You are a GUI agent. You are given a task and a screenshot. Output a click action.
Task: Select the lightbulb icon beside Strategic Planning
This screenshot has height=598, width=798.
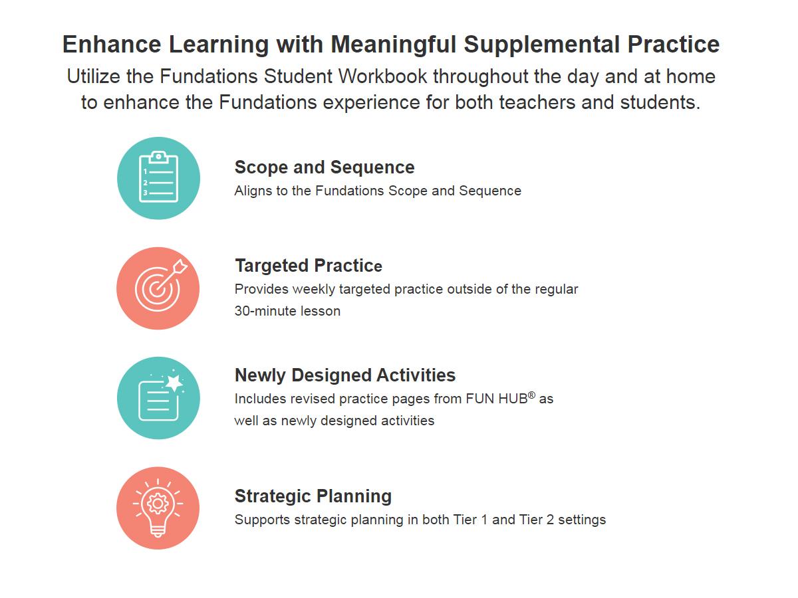point(158,508)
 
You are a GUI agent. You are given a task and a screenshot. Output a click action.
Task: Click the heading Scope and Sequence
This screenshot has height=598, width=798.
point(325,167)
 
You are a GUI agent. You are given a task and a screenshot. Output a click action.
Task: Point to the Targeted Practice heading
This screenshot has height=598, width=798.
point(309,266)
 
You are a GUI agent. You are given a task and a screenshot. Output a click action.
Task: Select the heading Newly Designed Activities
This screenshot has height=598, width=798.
point(345,375)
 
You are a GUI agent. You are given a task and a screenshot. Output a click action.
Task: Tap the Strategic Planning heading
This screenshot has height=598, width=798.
point(313,496)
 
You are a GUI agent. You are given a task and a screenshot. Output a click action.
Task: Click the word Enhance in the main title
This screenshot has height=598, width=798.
point(112,45)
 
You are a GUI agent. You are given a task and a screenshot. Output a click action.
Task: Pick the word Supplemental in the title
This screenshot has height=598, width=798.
point(542,45)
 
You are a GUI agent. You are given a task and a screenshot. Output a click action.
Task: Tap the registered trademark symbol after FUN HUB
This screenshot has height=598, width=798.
point(531,395)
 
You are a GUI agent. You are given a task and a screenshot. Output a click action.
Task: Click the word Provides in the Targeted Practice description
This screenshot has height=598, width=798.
point(262,290)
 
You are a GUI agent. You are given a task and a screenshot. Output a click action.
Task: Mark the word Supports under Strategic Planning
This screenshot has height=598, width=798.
point(263,520)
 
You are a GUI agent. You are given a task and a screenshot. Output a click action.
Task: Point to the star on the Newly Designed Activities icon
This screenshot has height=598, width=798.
point(174,382)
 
